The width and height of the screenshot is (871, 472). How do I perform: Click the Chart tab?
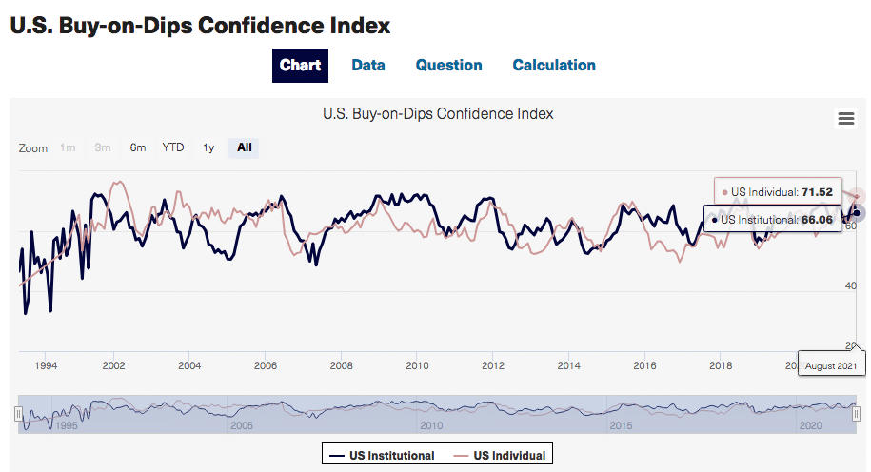point(300,66)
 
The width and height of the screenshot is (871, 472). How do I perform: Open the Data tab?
point(368,66)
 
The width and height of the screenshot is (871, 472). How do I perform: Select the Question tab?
point(448,66)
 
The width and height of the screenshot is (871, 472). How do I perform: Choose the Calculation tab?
point(554,66)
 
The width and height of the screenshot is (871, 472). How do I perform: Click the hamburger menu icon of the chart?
point(845,118)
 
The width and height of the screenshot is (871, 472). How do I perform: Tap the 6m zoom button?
point(138,147)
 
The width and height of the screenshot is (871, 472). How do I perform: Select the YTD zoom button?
point(173,147)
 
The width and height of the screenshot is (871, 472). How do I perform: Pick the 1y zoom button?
point(208,147)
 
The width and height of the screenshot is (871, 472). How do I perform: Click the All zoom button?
point(245,147)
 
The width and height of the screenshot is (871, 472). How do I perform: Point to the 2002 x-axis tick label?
point(114,365)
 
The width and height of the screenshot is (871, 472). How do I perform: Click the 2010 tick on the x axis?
point(417,365)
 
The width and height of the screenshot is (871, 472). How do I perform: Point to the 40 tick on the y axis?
point(850,286)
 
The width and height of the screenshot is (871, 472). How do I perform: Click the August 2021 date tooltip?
point(832,365)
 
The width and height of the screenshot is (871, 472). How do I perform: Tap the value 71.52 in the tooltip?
point(817,192)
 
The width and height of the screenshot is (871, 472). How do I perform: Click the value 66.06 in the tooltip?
point(817,220)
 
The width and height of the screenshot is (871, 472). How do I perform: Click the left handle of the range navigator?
point(18,414)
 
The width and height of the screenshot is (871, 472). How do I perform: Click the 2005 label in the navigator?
point(242,425)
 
